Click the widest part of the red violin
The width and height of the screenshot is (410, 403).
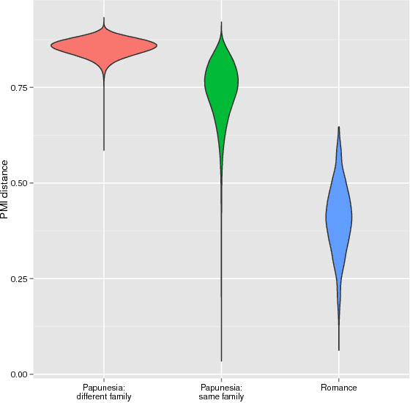(104, 45)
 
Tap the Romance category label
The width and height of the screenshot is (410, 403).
(338, 387)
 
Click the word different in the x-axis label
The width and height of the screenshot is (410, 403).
(94, 396)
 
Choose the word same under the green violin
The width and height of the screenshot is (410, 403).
(209, 396)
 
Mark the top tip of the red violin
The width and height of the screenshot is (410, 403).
(104, 18)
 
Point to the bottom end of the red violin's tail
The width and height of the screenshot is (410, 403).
(104, 150)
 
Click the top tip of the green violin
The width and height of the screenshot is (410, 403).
(221, 22)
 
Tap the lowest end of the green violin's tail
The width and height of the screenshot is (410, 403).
(221, 361)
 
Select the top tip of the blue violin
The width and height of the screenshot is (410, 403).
(338, 127)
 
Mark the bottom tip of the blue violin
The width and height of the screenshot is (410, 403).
(338, 350)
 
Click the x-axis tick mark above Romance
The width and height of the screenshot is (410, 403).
(338, 379)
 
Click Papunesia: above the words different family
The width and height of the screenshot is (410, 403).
(104, 387)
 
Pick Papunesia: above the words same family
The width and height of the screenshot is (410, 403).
(221, 387)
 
